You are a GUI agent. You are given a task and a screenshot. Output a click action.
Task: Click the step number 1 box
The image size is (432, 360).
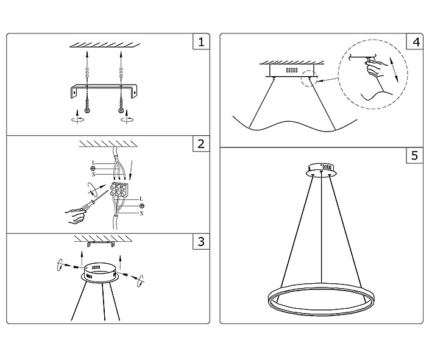[201, 41]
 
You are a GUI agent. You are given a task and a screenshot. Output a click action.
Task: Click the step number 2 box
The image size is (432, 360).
[201, 144]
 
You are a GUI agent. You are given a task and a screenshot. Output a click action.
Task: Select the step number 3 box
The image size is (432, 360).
[201, 242]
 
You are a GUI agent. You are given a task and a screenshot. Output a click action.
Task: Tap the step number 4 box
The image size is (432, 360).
[415, 41]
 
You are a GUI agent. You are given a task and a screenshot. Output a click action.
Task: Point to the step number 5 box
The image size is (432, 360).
[415, 155]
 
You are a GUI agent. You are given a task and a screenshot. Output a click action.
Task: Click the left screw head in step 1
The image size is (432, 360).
[87, 110]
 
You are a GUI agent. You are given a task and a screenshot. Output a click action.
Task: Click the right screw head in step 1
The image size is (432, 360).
[121, 110]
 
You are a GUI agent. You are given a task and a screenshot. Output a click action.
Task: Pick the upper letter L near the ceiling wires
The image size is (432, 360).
[93, 163]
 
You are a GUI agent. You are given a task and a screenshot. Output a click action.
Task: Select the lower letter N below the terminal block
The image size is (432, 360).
[141, 213]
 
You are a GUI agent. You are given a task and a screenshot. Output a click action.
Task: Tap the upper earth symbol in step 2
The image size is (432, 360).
[93, 169]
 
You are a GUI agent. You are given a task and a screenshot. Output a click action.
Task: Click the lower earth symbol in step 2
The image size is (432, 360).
[142, 206]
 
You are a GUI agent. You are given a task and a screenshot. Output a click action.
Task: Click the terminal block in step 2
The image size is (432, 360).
[119, 189]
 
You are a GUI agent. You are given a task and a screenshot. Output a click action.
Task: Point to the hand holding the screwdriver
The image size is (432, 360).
[75, 216]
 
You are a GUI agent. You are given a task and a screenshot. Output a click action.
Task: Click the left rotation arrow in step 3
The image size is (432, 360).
[60, 265]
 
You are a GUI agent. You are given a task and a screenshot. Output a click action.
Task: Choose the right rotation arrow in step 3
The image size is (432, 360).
[141, 281]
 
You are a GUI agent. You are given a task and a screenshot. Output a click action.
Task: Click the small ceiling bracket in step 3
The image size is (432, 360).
[101, 244]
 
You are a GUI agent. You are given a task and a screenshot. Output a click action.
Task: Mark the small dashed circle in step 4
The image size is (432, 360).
[309, 78]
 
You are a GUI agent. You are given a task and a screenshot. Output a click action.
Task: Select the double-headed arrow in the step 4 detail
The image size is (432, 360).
[394, 69]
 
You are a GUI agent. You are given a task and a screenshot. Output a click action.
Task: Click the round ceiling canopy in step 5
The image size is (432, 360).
[321, 170]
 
